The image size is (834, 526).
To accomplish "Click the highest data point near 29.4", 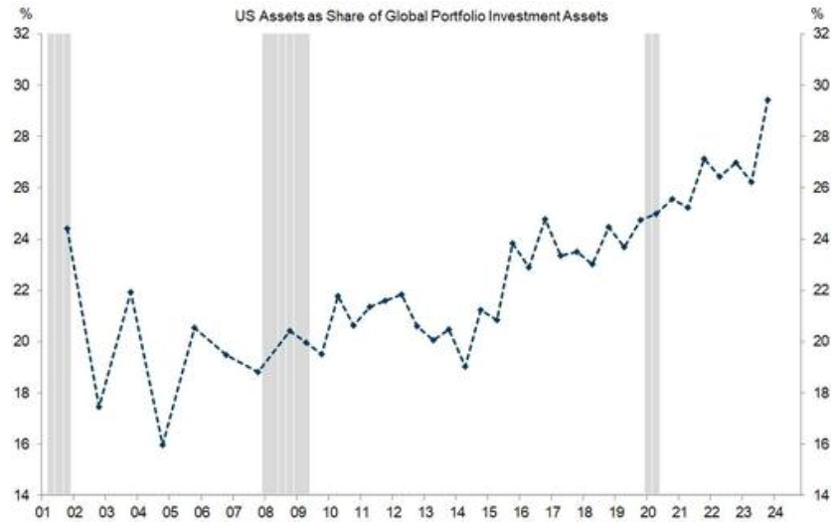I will pos(767,100).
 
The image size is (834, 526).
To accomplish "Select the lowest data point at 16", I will pos(163,444).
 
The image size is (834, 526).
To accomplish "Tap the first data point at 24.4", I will pos(67,229).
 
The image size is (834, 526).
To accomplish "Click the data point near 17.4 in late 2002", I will pos(98,408).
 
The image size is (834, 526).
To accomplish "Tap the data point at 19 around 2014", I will pos(465,366).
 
